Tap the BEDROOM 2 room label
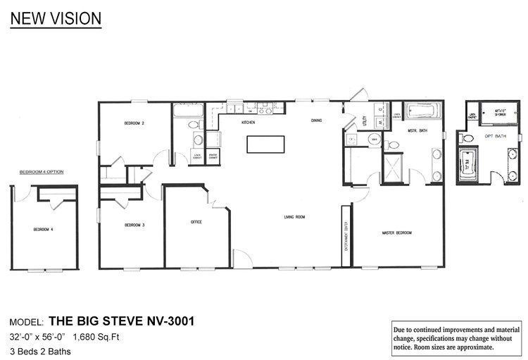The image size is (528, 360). pos(134,124)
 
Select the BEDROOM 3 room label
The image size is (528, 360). pos(134,225)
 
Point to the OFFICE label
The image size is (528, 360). pos(196,222)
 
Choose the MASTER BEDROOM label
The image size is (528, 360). pos(396,232)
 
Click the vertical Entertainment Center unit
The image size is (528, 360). pos(346,235)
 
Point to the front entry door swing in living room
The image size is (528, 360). pos(242,258)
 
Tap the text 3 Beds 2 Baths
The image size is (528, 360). pos(40,350)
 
